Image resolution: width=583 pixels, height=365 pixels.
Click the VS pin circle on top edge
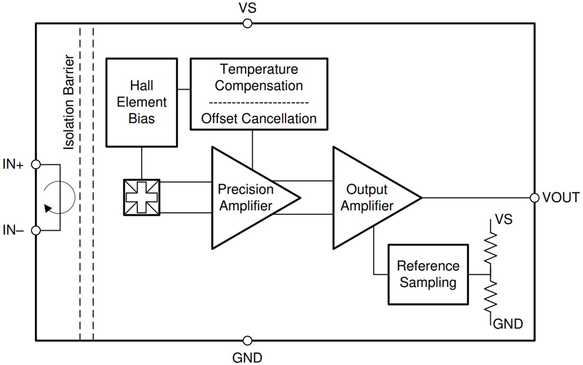pos(247,23)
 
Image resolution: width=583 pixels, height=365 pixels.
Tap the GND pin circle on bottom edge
pos(247,341)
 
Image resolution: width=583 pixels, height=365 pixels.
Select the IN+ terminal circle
pos(36,165)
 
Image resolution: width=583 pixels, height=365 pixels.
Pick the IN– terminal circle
pos(36,230)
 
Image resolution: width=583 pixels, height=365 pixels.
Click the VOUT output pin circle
pos(534,198)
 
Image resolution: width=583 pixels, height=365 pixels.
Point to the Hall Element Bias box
pos(142,102)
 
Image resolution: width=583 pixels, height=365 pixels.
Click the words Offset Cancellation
pos(259,118)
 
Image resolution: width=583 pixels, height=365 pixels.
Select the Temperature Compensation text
pos(259,77)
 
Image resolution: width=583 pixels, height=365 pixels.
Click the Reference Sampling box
pos(428,274)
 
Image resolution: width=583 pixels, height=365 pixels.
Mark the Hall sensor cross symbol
pos(142,198)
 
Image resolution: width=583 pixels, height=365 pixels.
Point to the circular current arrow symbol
pos(58,198)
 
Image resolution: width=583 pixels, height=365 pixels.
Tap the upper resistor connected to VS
pos(491,247)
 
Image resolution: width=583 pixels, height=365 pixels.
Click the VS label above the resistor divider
pos(503,219)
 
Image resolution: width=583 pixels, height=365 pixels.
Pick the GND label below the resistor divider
pos(508,324)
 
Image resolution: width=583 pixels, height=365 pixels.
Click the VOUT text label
pos(561,198)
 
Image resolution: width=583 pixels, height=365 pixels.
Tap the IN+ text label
pos(14,165)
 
